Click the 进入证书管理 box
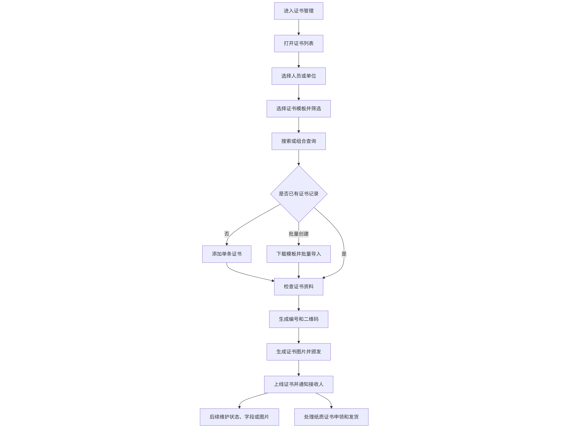click(299, 11)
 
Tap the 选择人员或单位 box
click(299, 76)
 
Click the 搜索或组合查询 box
click(299, 141)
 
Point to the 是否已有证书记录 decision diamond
click(299, 194)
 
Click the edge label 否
click(227, 234)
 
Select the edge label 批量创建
click(299, 234)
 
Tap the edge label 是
click(344, 254)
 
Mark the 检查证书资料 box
click(299, 287)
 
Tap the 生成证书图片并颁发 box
click(299, 352)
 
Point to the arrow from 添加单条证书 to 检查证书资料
click(244, 274)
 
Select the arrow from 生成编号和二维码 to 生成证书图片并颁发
click(299, 335)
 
